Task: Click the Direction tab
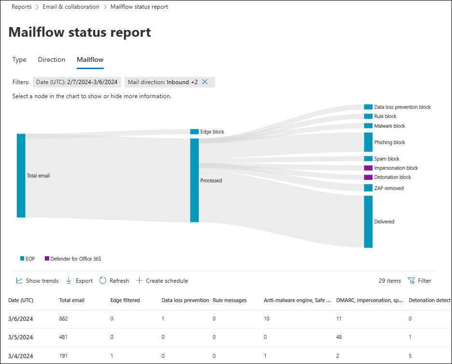pyautogui.click(x=52, y=59)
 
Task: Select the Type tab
pyautogui.click(x=19, y=59)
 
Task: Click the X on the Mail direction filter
pyautogui.click(x=205, y=82)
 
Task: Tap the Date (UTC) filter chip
pyautogui.click(x=77, y=82)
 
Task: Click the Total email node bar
pyautogui.click(x=21, y=175)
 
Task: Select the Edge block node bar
pyautogui.click(x=194, y=131)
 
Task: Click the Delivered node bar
pyautogui.click(x=368, y=221)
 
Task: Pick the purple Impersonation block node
pyautogui.click(x=368, y=168)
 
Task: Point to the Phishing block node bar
pyautogui.click(x=368, y=142)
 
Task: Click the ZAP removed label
pyautogui.click(x=388, y=188)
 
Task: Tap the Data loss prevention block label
pyautogui.click(x=402, y=107)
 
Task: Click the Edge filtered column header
pyautogui.click(x=125, y=300)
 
